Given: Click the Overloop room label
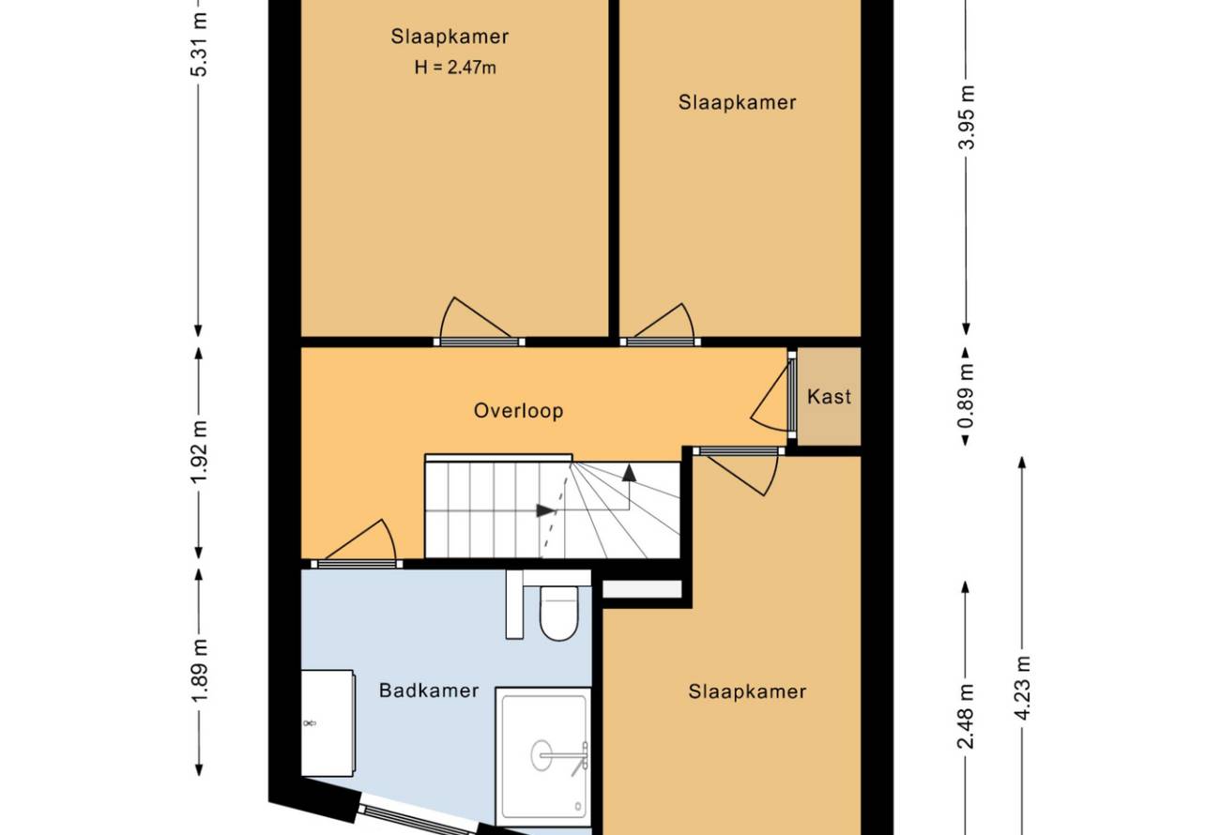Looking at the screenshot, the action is coord(518,411).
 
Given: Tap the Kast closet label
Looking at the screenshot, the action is coord(829,396).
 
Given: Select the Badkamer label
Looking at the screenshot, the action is coord(429,691).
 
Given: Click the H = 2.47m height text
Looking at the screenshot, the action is coord(455,68).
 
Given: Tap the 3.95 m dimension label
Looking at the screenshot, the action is coord(967,117).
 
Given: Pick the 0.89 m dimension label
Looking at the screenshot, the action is coord(967,396).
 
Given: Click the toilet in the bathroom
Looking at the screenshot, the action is coord(558,613).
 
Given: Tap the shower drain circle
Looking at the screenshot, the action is coord(541,755).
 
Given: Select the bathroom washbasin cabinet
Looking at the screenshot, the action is coord(328,722).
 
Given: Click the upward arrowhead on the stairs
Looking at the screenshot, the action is coord(629,473).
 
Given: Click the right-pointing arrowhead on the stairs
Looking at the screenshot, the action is coord(545,510).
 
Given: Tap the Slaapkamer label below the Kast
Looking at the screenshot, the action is coord(747,691).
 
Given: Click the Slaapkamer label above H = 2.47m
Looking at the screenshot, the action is coord(450,37).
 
